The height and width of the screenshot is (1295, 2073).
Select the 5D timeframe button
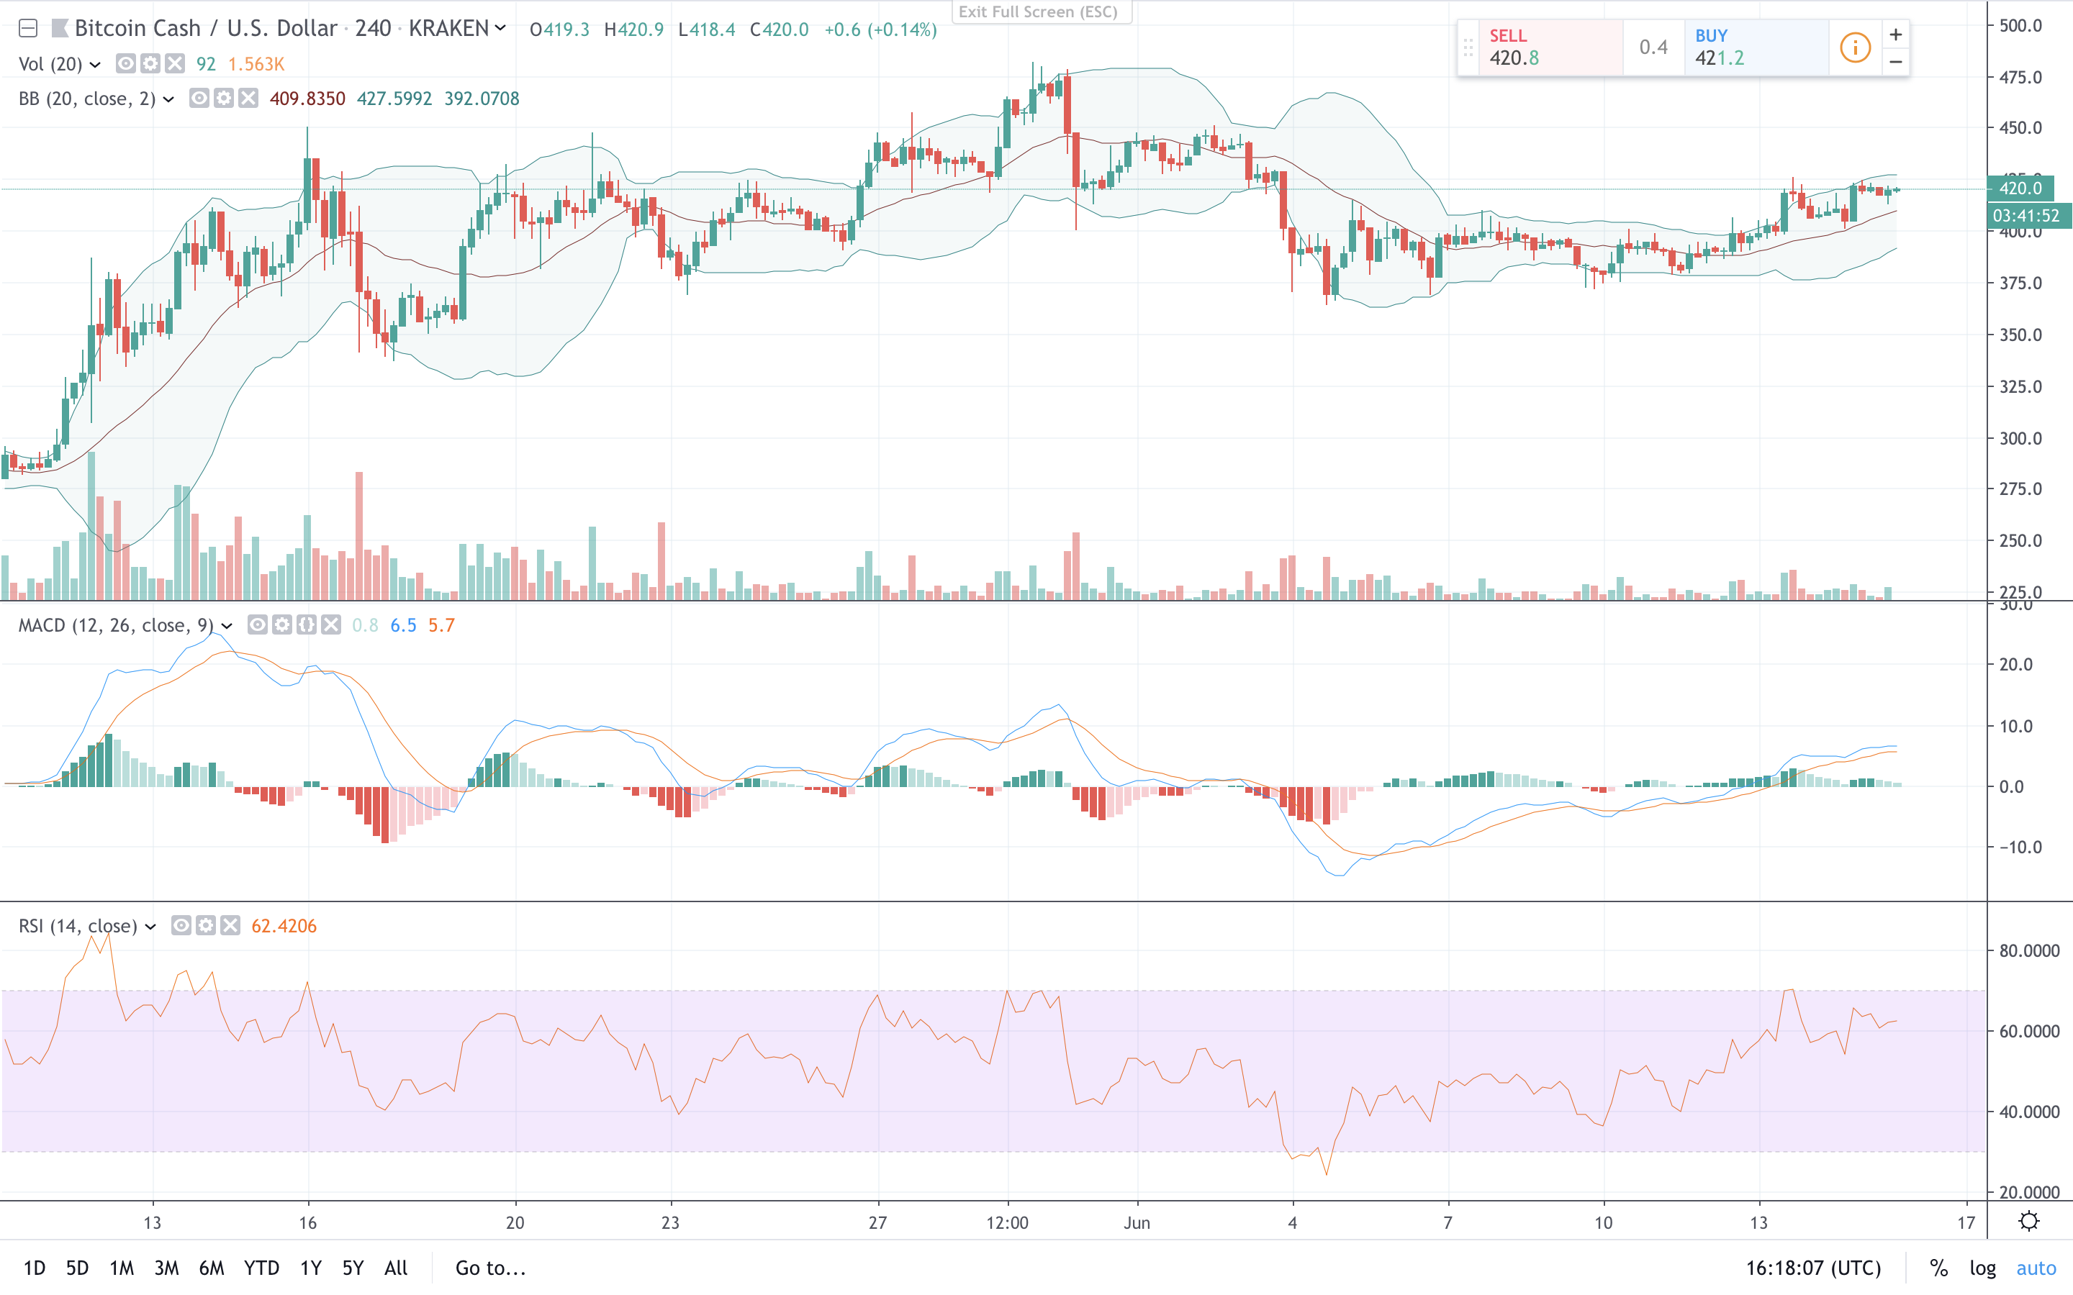point(77,1268)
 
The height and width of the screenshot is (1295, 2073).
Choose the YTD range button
point(261,1268)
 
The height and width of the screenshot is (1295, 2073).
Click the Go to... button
point(490,1268)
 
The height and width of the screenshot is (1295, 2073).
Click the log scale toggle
point(1982,1268)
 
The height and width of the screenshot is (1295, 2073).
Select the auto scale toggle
point(2036,1268)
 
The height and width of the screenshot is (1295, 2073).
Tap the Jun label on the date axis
point(1137,1222)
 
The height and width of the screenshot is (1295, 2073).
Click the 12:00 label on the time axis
point(1008,1222)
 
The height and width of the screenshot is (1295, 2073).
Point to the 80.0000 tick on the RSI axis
point(2028,950)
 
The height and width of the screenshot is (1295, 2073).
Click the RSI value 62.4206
point(284,926)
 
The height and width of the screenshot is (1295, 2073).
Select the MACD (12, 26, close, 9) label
point(116,625)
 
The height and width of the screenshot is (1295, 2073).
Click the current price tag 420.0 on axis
point(2020,188)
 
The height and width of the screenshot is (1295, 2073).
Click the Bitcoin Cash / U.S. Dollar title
point(206,29)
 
